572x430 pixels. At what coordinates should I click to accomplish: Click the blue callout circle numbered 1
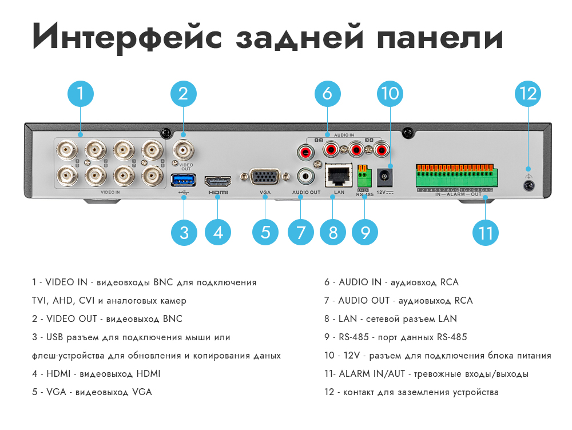pos(81,93)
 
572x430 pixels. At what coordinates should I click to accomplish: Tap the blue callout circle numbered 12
pos(528,93)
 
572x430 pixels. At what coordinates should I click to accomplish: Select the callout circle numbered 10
pos(390,93)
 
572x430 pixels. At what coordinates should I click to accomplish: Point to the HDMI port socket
pos(218,181)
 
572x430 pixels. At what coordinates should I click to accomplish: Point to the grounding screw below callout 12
pos(529,185)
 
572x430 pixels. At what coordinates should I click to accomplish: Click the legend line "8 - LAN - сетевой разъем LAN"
pos(391,319)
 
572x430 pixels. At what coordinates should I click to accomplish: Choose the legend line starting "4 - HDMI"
pos(96,374)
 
